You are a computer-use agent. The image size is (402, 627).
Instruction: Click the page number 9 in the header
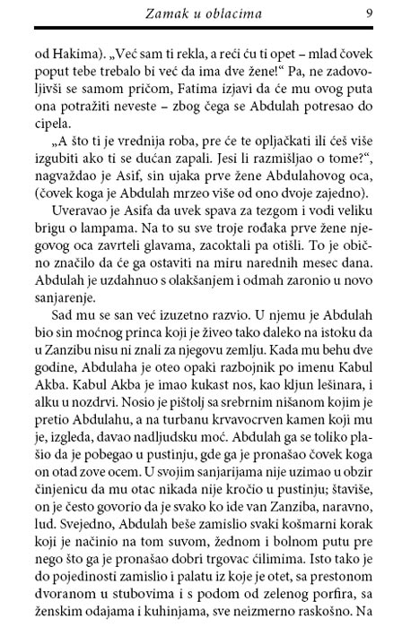click(370, 13)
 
